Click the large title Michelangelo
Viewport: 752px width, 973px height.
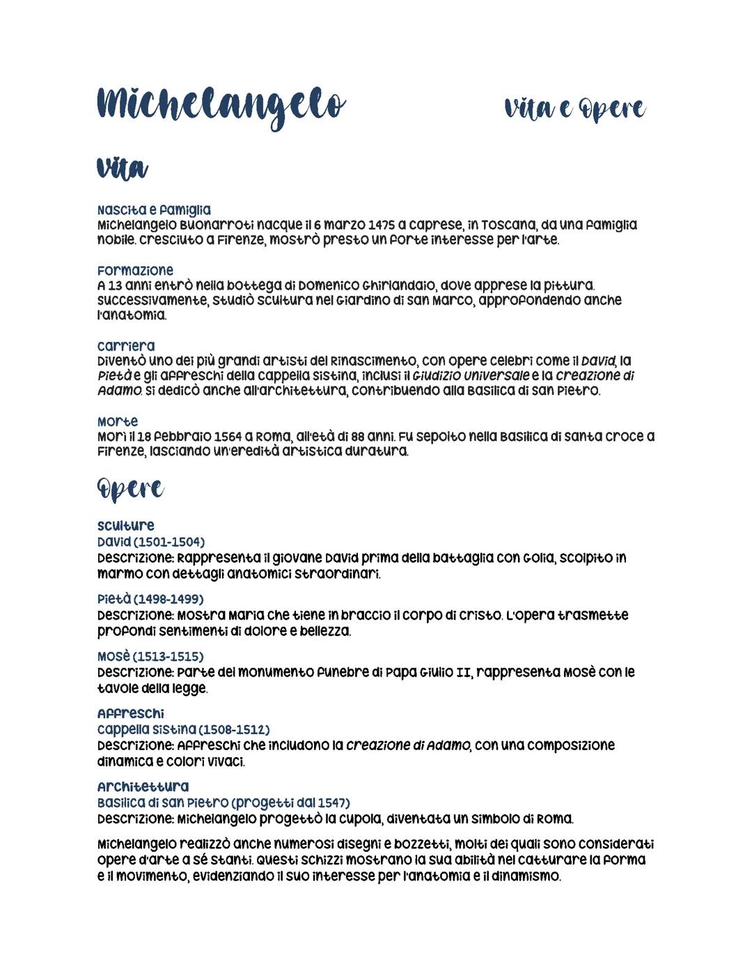coord(221,107)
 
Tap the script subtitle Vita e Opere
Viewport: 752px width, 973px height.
coord(575,109)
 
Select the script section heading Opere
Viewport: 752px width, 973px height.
coord(130,490)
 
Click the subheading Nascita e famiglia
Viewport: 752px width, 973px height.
coord(154,210)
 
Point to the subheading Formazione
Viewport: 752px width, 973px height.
coord(135,270)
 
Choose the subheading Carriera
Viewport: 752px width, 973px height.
coord(126,346)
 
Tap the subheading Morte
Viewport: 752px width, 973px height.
coord(118,421)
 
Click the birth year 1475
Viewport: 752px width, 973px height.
coord(382,225)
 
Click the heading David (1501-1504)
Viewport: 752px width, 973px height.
coord(151,542)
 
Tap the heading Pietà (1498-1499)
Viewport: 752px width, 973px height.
coord(150,599)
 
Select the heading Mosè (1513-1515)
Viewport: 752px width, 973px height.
coord(150,657)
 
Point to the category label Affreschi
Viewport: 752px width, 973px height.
coord(131,714)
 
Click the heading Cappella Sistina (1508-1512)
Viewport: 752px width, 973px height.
coord(183,729)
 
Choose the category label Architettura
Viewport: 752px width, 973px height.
coord(143,787)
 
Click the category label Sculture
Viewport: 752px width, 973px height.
coord(126,526)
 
